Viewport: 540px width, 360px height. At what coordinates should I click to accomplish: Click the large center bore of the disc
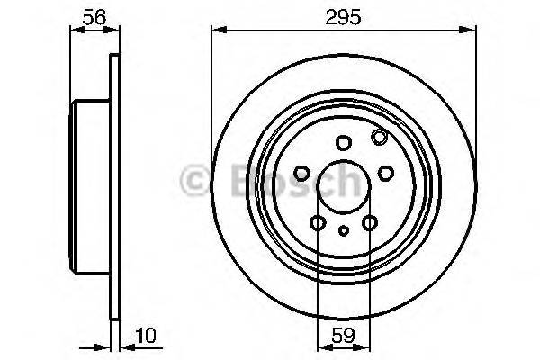[342, 185]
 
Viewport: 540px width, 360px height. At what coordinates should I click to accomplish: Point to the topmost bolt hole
[343, 142]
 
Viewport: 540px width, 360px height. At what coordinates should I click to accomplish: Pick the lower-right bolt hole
[369, 222]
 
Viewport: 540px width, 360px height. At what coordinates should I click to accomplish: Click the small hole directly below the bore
[343, 231]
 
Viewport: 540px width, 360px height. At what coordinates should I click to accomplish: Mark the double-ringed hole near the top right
[379, 137]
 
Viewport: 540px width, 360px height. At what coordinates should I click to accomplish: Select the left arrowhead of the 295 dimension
[216, 31]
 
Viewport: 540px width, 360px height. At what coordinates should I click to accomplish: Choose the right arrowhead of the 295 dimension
[471, 31]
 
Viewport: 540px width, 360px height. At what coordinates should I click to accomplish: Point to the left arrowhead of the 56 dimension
[75, 30]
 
